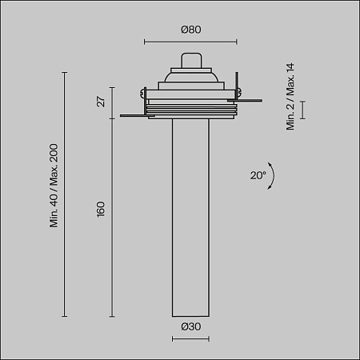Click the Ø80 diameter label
(x=190, y=30)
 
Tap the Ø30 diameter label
(x=190, y=326)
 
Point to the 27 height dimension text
(x=101, y=102)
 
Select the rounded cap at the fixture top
(x=190, y=60)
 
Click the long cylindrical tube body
(x=190, y=216)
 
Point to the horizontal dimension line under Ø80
(x=190, y=42)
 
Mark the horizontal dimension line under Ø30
(x=190, y=338)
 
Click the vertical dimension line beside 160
(x=111, y=216)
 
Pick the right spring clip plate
(x=249, y=101)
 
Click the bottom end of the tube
(x=190, y=314)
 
